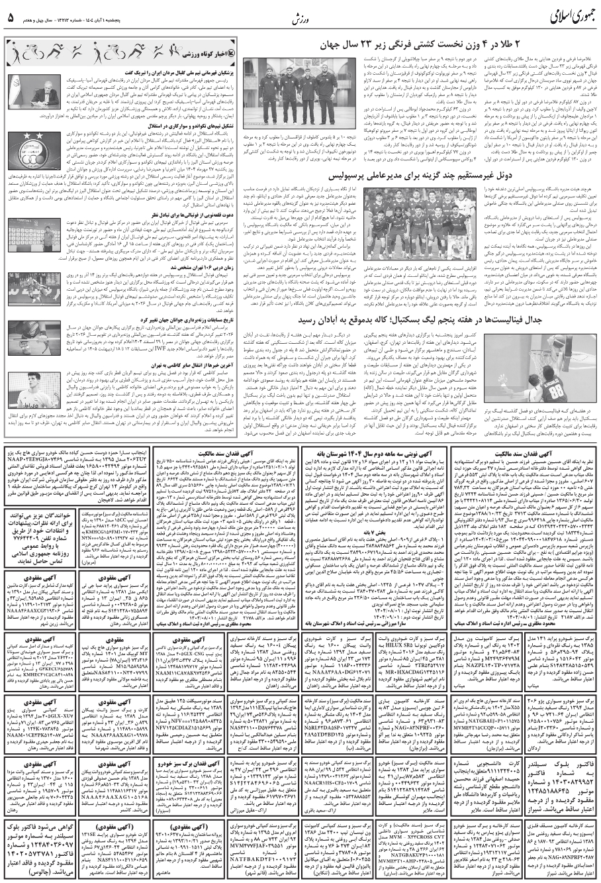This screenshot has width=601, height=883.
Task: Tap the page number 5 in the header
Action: [x=11, y=16]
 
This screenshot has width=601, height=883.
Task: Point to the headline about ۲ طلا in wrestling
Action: [x=459, y=46]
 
